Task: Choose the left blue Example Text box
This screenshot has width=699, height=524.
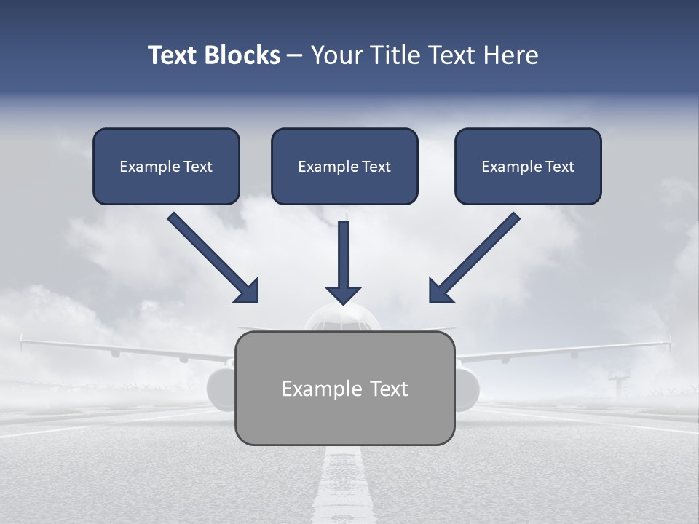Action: tap(166, 166)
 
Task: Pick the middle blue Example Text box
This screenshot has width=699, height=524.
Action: tap(344, 166)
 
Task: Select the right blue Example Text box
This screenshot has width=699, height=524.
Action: tap(528, 166)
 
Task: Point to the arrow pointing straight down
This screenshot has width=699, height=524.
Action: tap(343, 258)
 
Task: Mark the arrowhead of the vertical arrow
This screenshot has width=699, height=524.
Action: tap(343, 295)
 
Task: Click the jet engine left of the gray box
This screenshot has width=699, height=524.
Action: tap(220, 389)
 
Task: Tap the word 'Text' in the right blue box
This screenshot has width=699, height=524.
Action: tap(559, 167)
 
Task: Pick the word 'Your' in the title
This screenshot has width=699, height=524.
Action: tap(336, 55)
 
